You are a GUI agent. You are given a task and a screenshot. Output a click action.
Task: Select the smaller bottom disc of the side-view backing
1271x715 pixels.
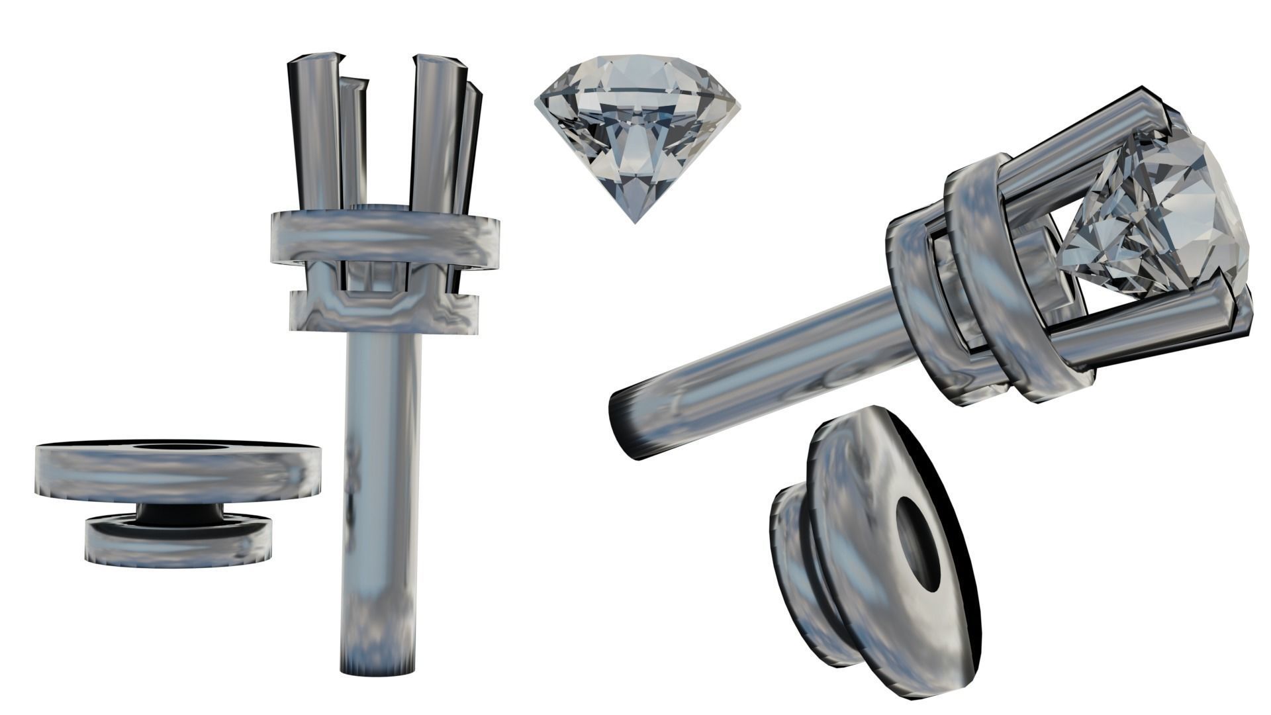[179, 542]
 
